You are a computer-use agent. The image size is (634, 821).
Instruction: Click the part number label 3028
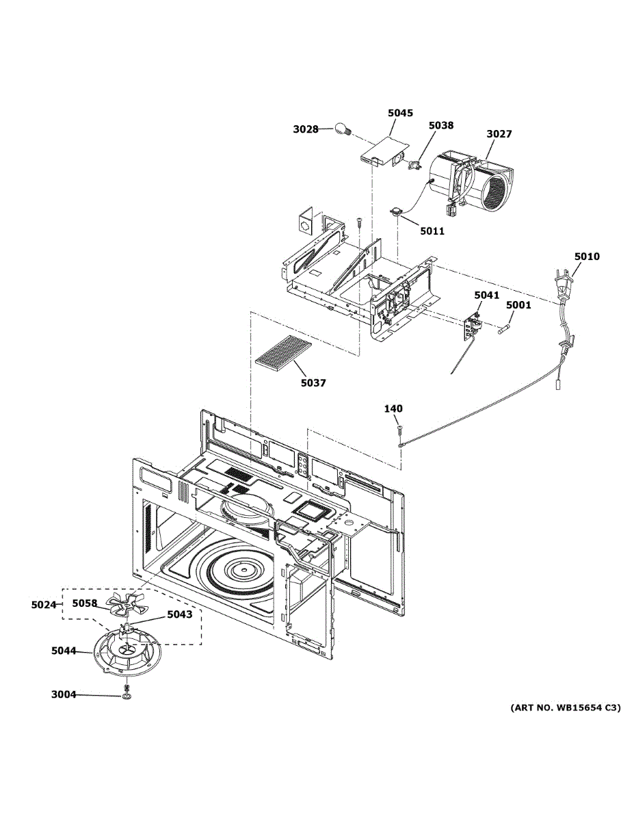click(306, 129)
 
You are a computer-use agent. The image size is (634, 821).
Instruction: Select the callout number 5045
click(400, 113)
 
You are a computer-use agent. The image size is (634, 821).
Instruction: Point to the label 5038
click(441, 125)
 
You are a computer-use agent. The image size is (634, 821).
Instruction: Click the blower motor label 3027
click(499, 133)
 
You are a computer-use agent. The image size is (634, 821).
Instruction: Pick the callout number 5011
click(433, 231)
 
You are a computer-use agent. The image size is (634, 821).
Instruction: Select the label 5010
click(587, 257)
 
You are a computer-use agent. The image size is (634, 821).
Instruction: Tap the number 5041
click(487, 295)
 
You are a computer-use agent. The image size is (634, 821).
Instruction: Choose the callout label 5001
click(518, 305)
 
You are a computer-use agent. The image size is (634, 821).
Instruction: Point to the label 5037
click(313, 383)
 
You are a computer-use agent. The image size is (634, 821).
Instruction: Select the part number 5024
click(44, 605)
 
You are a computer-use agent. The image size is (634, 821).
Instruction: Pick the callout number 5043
click(180, 614)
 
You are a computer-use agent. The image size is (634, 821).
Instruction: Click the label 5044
click(64, 651)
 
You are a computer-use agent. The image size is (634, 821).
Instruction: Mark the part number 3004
click(64, 694)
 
